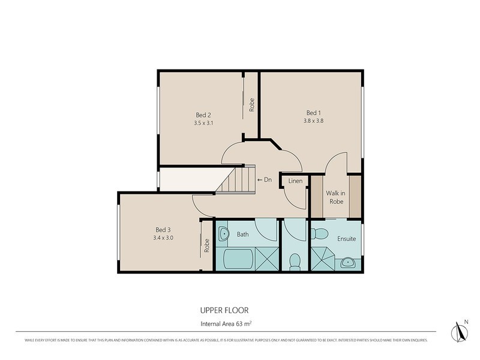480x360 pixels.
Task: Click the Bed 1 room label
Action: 314,113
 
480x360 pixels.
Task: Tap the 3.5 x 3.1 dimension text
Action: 204,123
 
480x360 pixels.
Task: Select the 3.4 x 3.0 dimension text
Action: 164,238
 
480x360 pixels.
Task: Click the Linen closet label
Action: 295,181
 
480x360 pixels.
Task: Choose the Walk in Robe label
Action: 335,197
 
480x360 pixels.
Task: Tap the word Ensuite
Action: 346,239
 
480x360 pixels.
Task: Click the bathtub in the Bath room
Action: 238,261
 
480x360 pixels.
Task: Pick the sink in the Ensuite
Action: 347,262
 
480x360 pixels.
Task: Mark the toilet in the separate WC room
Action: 295,261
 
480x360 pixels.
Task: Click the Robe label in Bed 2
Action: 252,105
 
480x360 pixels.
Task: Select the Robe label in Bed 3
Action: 206,246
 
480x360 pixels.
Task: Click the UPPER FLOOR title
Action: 224,310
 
